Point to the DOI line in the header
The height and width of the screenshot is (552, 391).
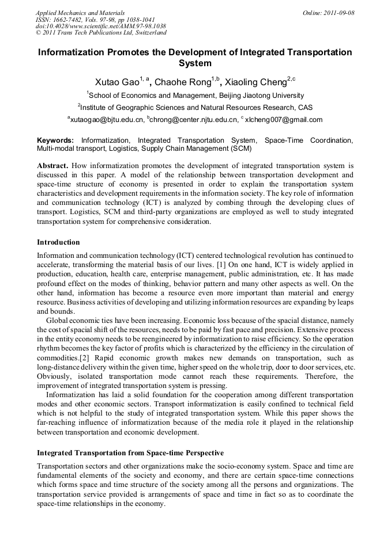point(101,26)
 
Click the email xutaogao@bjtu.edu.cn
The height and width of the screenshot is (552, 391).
point(107,120)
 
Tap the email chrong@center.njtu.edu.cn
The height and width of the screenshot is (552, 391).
point(194,120)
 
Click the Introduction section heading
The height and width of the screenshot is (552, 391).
point(58,242)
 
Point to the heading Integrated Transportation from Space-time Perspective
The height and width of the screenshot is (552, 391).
point(130,453)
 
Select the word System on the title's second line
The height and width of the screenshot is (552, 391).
point(195,63)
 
